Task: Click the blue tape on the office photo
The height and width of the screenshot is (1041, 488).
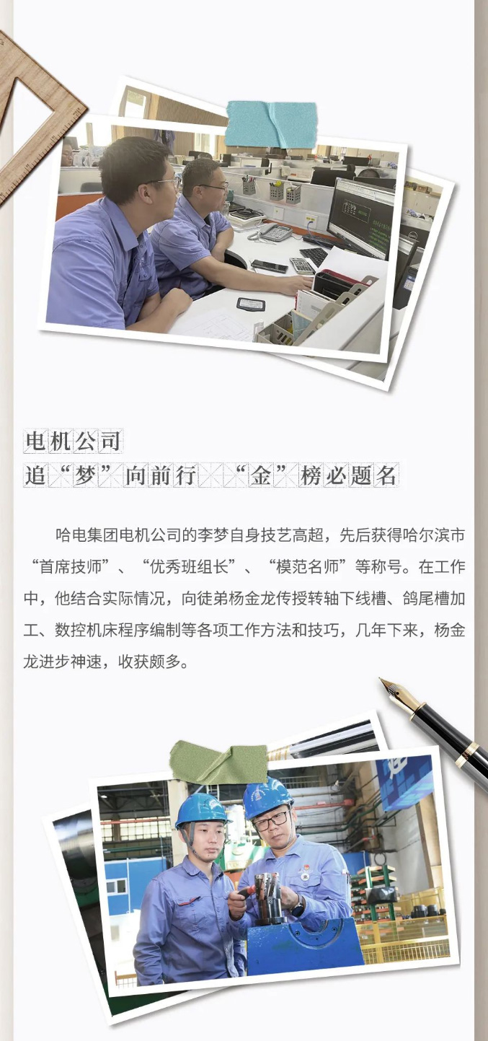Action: (272, 123)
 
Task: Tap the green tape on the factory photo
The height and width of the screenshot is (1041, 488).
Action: (218, 762)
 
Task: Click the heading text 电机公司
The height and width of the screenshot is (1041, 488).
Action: (73, 441)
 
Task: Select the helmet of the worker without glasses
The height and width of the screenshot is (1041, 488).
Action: (201, 809)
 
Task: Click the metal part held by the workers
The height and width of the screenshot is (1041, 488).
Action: (267, 894)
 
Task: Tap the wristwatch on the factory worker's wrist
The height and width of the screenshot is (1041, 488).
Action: (298, 903)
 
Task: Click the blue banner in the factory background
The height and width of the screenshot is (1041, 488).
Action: (404, 781)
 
